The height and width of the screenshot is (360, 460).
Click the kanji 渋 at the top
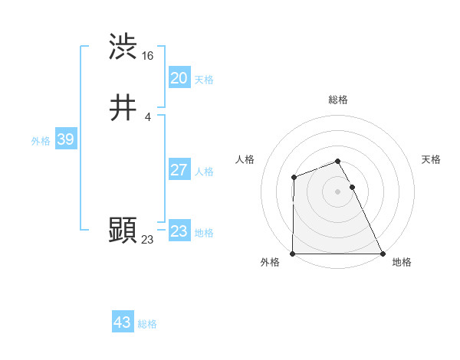coord(123,46)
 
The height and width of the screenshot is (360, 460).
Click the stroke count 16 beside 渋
coord(148,56)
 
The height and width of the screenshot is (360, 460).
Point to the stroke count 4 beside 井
coord(148,117)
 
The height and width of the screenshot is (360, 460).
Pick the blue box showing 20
coord(179,78)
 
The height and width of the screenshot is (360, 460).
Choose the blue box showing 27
coord(179,170)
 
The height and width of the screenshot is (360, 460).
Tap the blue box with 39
coord(65,139)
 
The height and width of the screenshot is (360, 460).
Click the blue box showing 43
coord(122,322)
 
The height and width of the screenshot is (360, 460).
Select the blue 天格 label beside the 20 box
coord(204,80)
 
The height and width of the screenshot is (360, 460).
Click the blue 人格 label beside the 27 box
coord(204,172)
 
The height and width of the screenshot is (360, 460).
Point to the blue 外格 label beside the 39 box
coord(41,141)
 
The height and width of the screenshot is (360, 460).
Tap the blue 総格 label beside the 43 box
coord(147,324)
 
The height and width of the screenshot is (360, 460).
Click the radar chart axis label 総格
coord(338,100)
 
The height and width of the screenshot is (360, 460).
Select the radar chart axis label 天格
coord(431,159)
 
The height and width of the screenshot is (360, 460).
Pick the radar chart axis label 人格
coord(245,159)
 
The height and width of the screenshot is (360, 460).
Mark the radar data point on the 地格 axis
coord(383,254)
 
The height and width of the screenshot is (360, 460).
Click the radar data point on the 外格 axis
coord(293,254)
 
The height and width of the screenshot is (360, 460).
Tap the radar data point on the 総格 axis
coord(337,161)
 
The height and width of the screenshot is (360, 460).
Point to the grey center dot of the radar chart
coord(337,191)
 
